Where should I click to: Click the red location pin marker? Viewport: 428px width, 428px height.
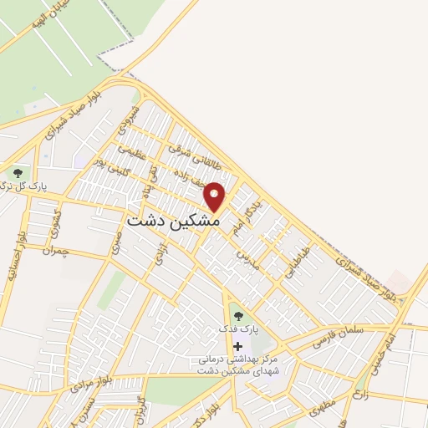click(x=215, y=196)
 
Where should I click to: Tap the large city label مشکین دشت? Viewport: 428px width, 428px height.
click(x=173, y=223)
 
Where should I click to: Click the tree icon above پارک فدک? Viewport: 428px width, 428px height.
click(x=238, y=316)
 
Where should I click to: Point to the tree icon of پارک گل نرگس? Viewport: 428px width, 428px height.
click(x=16, y=173)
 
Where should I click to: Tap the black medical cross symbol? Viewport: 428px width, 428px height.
click(x=238, y=346)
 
